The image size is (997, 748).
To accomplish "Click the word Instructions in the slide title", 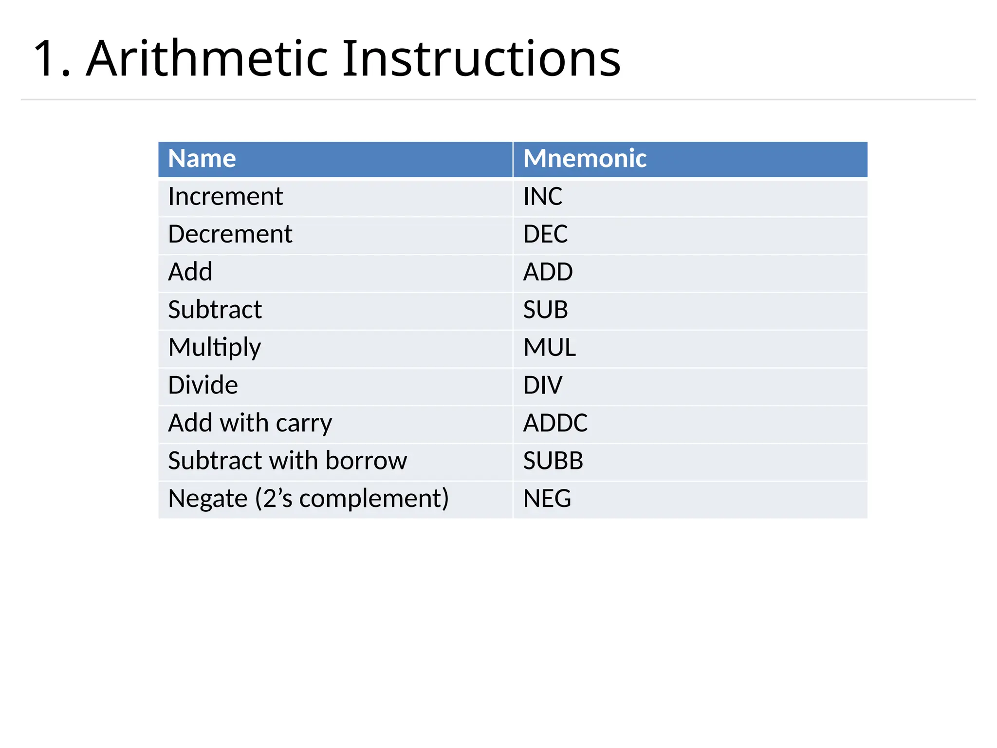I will point(481,59).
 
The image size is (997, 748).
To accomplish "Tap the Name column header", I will point(202,159).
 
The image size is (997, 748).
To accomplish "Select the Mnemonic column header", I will point(585,159).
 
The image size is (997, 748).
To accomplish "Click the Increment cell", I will point(225,197).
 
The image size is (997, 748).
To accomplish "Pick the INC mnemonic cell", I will point(543,197).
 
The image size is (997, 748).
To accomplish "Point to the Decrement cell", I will point(230,234).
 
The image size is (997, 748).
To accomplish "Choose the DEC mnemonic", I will point(545,234).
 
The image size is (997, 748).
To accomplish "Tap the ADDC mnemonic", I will point(555,423).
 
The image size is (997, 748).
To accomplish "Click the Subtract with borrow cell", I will point(287,461).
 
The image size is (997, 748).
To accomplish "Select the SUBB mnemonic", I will point(553,461).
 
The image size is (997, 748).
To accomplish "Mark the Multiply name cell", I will point(215,348).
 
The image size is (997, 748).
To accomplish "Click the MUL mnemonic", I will point(550,348).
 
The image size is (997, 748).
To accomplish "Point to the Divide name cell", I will point(203,385).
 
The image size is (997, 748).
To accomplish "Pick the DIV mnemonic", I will point(542,385).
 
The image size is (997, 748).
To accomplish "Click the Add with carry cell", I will point(250,423).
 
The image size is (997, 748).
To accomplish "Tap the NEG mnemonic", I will point(547,499).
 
